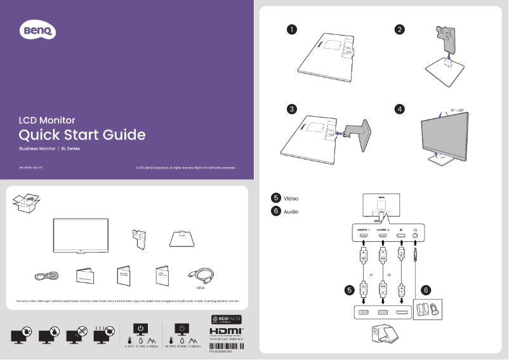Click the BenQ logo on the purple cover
pos(39,29)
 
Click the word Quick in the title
pos(39,135)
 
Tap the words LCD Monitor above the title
pos(47,120)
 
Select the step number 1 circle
pos(291,29)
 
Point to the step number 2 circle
pos(399,29)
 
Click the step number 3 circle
pos(291,109)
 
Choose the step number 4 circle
pos(399,109)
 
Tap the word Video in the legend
pos(291,199)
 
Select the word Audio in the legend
pos(291,211)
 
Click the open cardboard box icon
pos(26,203)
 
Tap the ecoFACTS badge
pos(225,319)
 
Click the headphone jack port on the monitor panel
pos(416,237)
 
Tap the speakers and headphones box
pos(427,310)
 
